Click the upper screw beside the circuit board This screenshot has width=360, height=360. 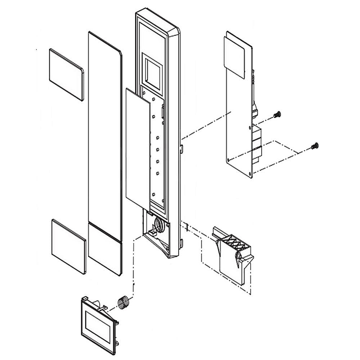[277, 115]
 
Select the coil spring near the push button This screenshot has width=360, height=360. [123, 301]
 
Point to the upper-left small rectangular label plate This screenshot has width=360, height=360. [66, 74]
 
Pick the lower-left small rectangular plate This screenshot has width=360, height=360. [69, 246]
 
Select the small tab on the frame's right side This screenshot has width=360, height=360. [181, 148]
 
